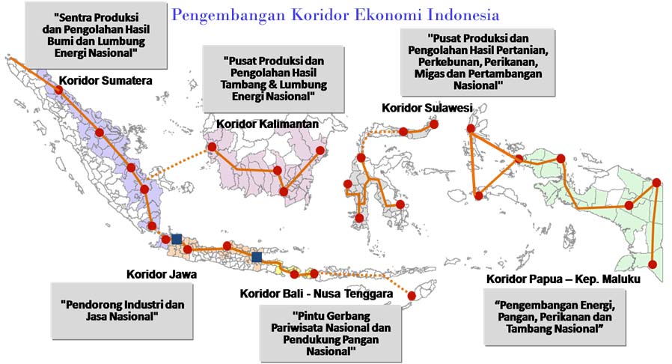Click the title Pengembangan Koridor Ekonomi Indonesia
coord(335,14)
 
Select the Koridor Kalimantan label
coord(267,123)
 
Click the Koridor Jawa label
coord(162,274)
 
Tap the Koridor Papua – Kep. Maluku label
coord(563,279)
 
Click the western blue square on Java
coord(177,239)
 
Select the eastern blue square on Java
coord(257,257)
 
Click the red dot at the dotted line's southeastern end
coord(411,297)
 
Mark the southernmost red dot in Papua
coord(654,264)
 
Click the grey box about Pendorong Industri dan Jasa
coord(122,311)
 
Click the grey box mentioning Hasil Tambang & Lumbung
coord(273,78)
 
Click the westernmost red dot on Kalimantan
coord(212,147)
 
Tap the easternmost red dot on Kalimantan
coord(323,151)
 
